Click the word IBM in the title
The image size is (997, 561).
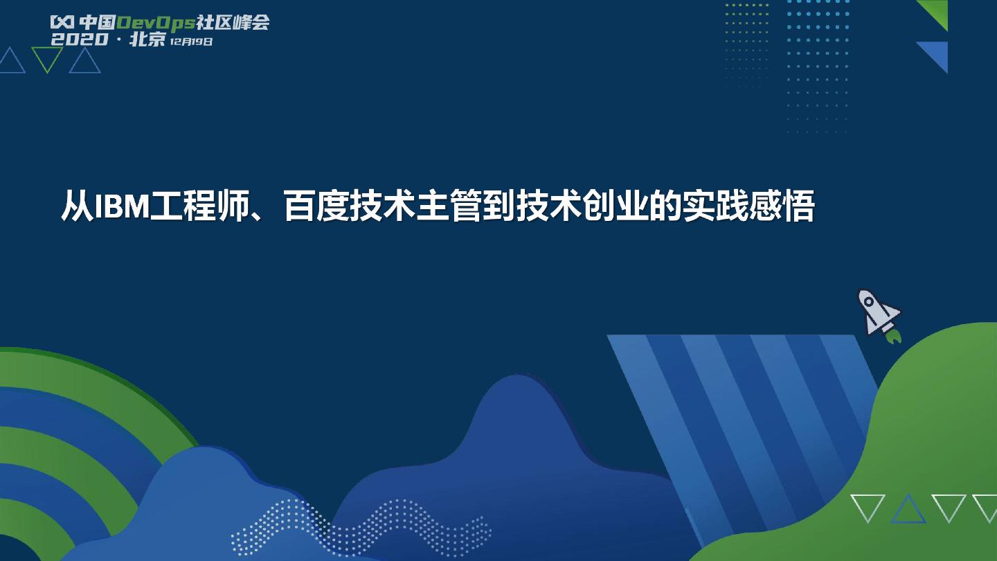click(x=122, y=206)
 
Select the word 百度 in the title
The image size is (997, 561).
click(x=316, y=206)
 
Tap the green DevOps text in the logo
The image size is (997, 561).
click(x=156, y=23)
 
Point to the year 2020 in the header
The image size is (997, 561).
click(x=79, y=39)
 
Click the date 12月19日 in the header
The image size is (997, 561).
click(x=191, y=42)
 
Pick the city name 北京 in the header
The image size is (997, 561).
click(x=147, y=39)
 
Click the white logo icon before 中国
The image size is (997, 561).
click(x=62, y=22)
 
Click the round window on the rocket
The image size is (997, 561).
click(x=868, y=302)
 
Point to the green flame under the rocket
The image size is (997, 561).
click(x=893, y=337)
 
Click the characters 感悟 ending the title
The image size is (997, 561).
click(x=782, y=206)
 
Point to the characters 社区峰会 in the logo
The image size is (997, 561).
click(x=233, y=23)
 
